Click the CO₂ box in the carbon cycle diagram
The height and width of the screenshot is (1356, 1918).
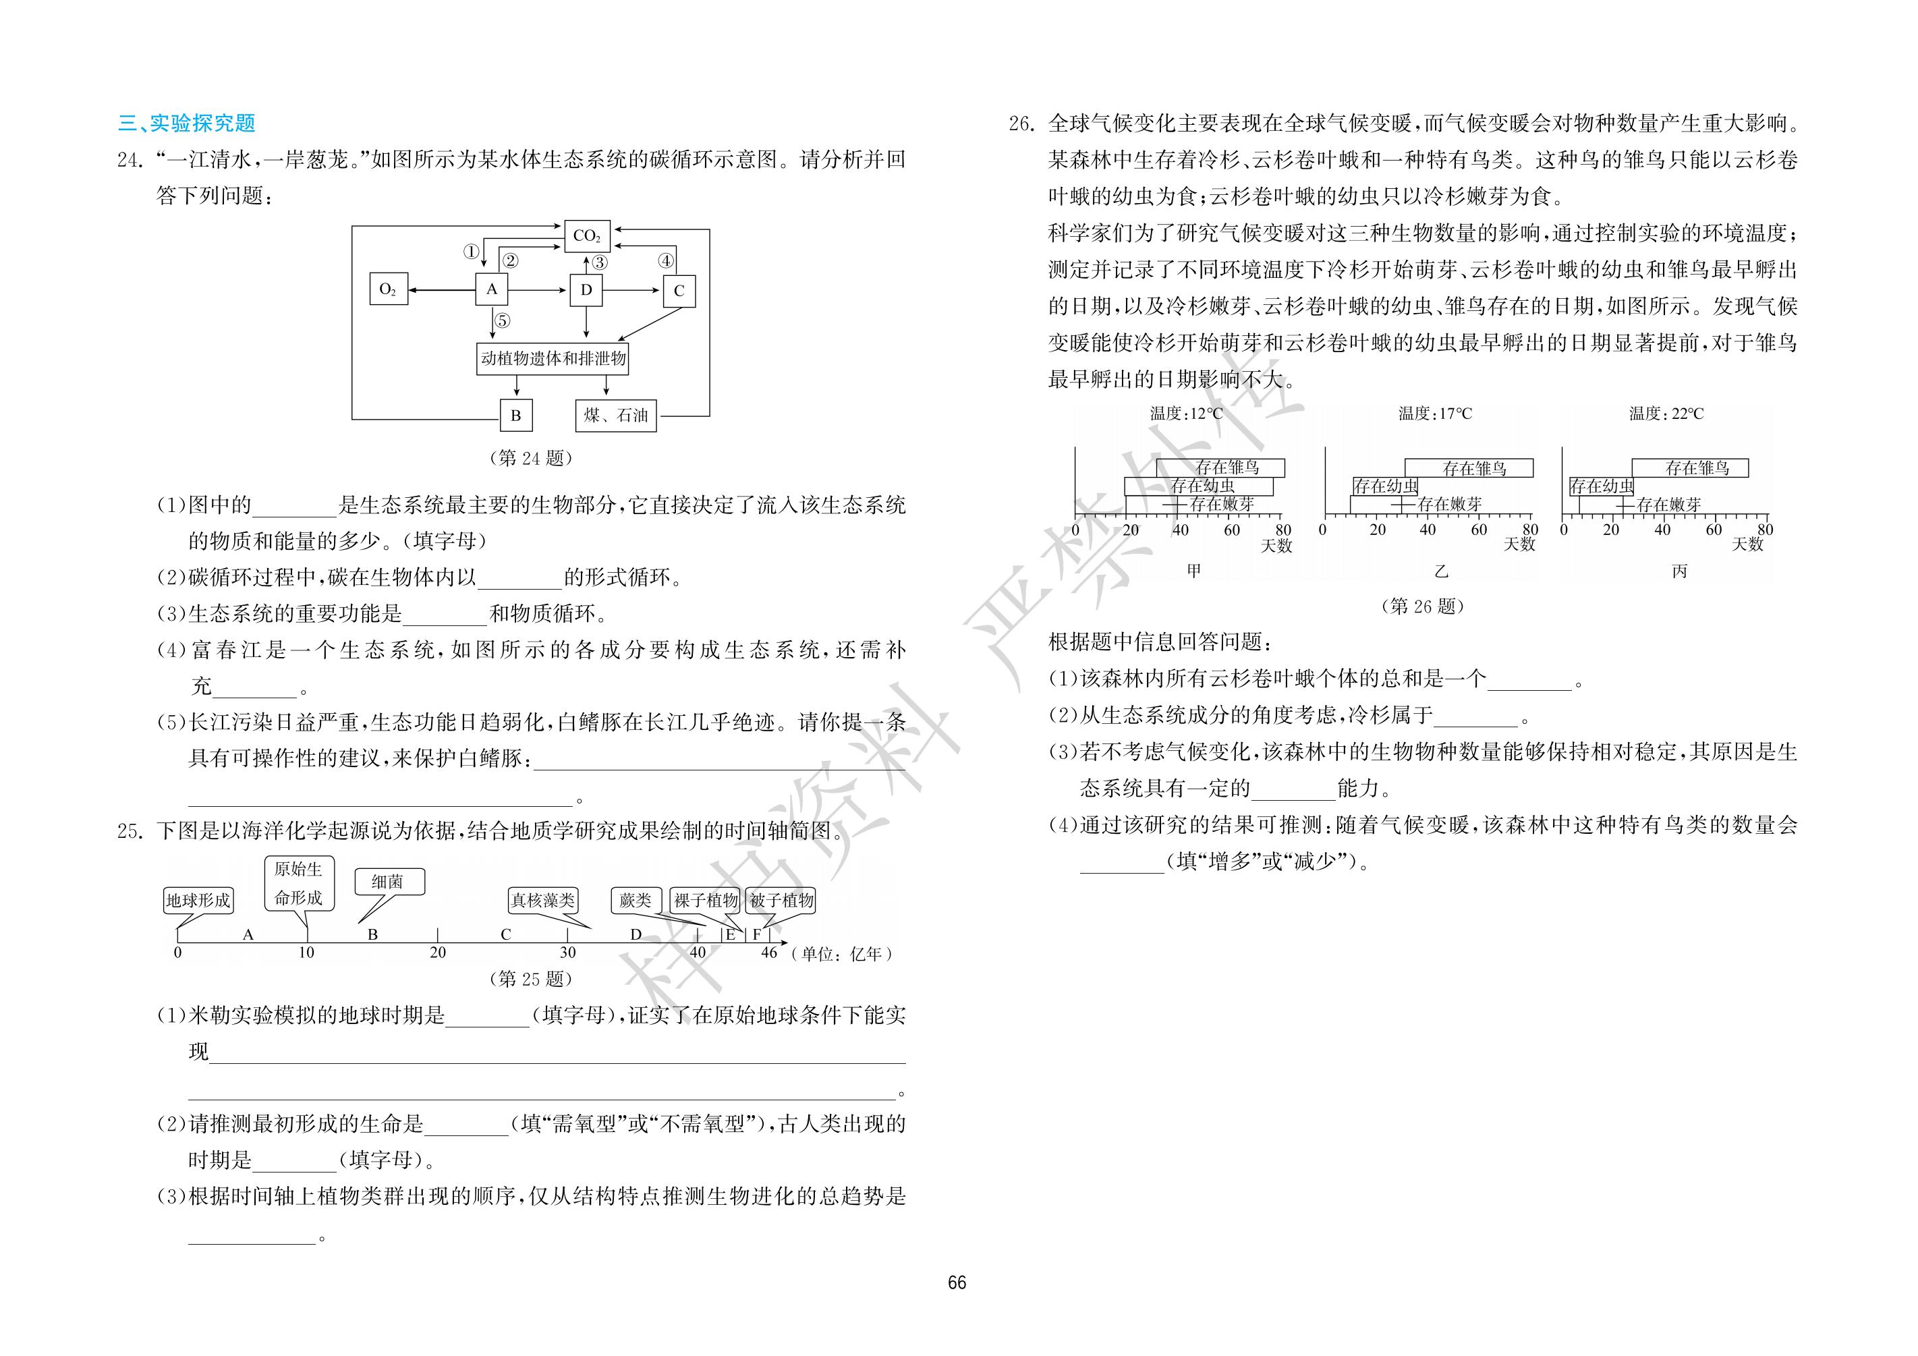[586, 235]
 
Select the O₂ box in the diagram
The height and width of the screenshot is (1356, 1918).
[389, 289]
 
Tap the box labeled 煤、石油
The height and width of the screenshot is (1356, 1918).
[616, 416]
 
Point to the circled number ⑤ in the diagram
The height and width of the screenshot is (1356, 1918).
[502, 320]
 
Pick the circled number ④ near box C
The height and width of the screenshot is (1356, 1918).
[666, 260]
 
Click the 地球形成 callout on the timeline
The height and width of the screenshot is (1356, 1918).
[198, 900]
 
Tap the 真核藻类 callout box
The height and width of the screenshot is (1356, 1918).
[543, 900]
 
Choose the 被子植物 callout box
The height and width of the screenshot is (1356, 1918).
[781, 900]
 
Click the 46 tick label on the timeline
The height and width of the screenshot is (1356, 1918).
[769, 953]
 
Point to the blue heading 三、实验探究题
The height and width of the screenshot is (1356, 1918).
[187, 123]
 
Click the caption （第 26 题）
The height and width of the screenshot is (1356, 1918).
[1423, 606]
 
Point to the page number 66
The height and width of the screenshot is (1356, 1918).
[957, 1282]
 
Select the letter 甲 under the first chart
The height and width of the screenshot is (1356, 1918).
[1193, 571]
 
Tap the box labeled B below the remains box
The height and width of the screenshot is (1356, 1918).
[516, 416]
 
